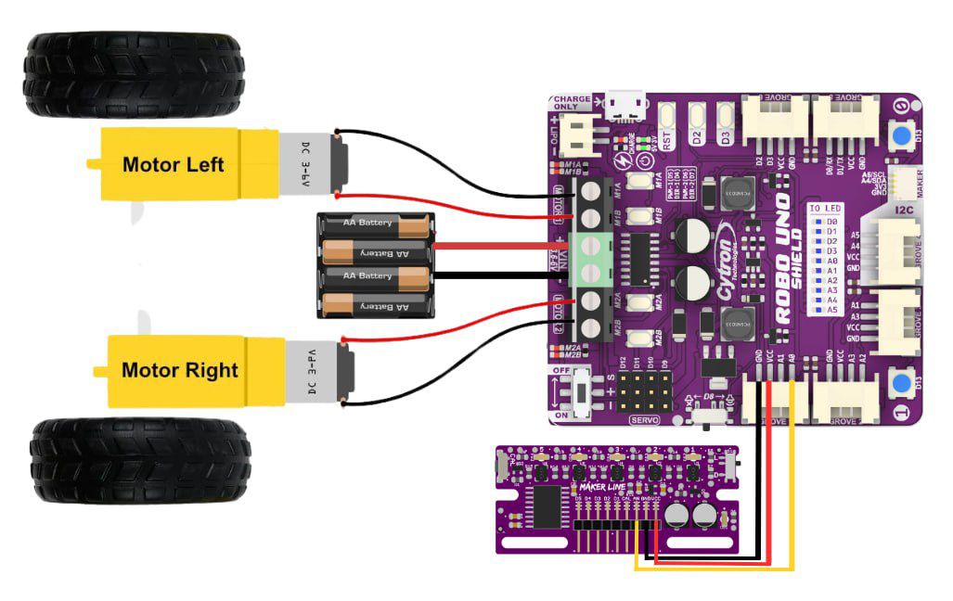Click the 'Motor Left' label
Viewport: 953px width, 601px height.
point(173,165)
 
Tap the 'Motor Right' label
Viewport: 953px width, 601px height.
point(179,370)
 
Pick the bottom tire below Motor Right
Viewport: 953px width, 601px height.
point(140,460)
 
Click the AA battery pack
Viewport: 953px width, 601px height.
point(376,265)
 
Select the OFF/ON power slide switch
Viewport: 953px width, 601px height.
point(581,395)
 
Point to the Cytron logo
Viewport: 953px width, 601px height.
point(725,269)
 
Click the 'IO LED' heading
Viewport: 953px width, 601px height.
point(824,209)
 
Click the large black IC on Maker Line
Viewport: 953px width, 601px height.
point(547,505)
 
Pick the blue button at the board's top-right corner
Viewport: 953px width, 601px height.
point(898,137)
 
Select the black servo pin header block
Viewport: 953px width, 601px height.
point(642,394)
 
